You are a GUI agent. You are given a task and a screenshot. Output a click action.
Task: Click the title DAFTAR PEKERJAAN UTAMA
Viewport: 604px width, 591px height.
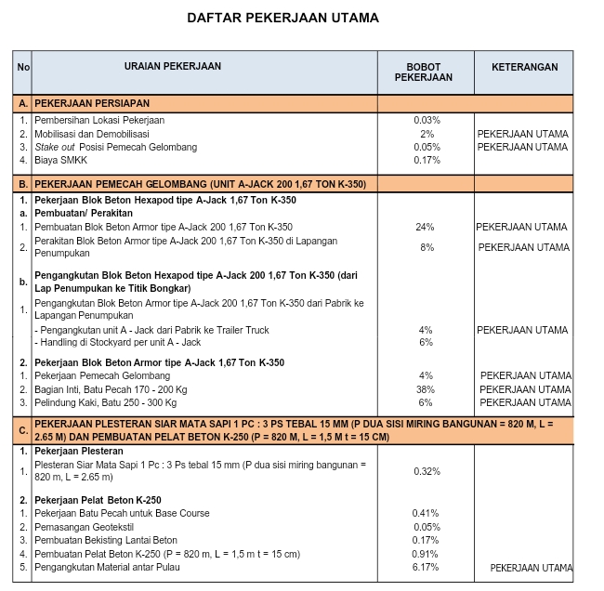(282, 18)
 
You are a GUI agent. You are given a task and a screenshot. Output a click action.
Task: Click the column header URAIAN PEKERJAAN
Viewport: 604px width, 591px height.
(174, 67)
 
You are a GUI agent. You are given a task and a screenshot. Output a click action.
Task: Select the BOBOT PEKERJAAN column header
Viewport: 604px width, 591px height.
(424, 72)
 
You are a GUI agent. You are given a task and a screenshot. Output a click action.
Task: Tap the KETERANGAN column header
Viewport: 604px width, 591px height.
(524, 68)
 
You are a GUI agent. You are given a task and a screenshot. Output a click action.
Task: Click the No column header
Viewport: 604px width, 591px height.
(23, 67)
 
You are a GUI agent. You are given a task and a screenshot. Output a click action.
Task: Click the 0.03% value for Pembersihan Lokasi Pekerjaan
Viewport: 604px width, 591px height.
(427, 121)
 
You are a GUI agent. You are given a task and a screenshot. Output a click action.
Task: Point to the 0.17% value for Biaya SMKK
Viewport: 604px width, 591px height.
(427, 160)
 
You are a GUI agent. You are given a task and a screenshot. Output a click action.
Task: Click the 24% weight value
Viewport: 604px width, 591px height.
(426, 228)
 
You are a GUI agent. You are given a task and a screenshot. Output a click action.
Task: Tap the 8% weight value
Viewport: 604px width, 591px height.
(427, 247)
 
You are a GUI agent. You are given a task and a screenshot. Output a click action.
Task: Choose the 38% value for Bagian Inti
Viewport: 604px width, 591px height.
(426, 389)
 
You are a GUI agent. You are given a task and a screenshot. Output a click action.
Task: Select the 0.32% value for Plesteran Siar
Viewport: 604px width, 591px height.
(427, 471)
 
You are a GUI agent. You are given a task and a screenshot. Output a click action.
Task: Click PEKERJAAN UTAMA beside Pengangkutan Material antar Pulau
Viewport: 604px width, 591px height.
(531, 568)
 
